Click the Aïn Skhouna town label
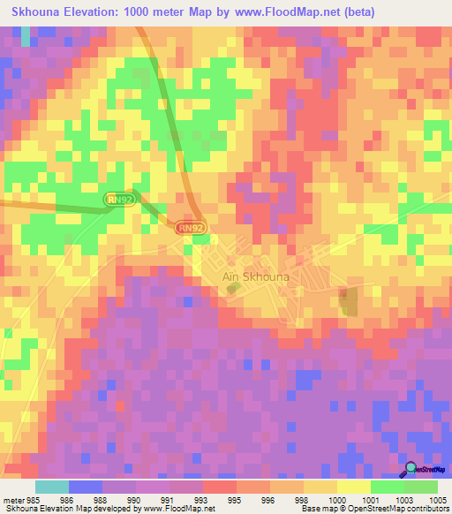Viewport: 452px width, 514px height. tap(255, 276)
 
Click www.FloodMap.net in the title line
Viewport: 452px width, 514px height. tap(290, 12)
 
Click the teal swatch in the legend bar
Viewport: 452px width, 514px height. tap(52, 487)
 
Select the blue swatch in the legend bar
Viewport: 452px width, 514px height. tap(86, 487)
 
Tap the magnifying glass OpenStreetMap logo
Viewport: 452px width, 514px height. tap(411, 470)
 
